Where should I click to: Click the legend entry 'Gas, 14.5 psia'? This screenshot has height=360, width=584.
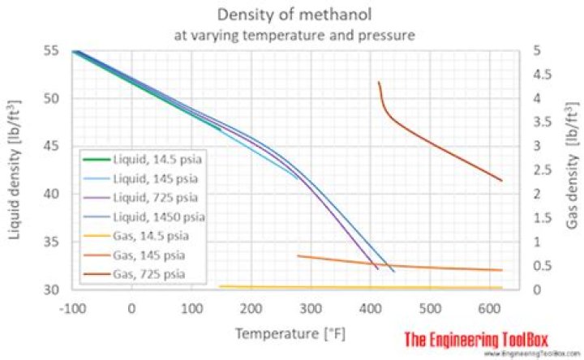(133, 236)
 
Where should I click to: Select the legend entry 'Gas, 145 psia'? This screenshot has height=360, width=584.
(131, 255)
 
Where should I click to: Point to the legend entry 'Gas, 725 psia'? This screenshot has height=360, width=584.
(131, 274)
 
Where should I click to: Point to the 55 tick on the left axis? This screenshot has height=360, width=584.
(50, 51)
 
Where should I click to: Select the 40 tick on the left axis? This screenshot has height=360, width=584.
(50, 194)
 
